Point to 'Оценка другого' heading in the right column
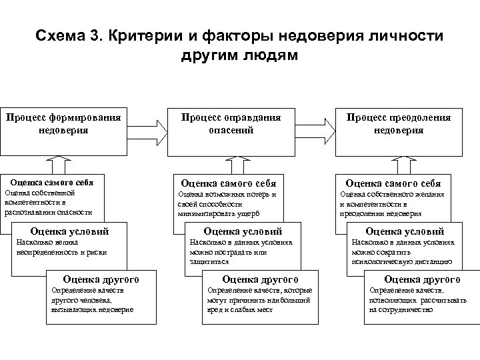tap(422, 279)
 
